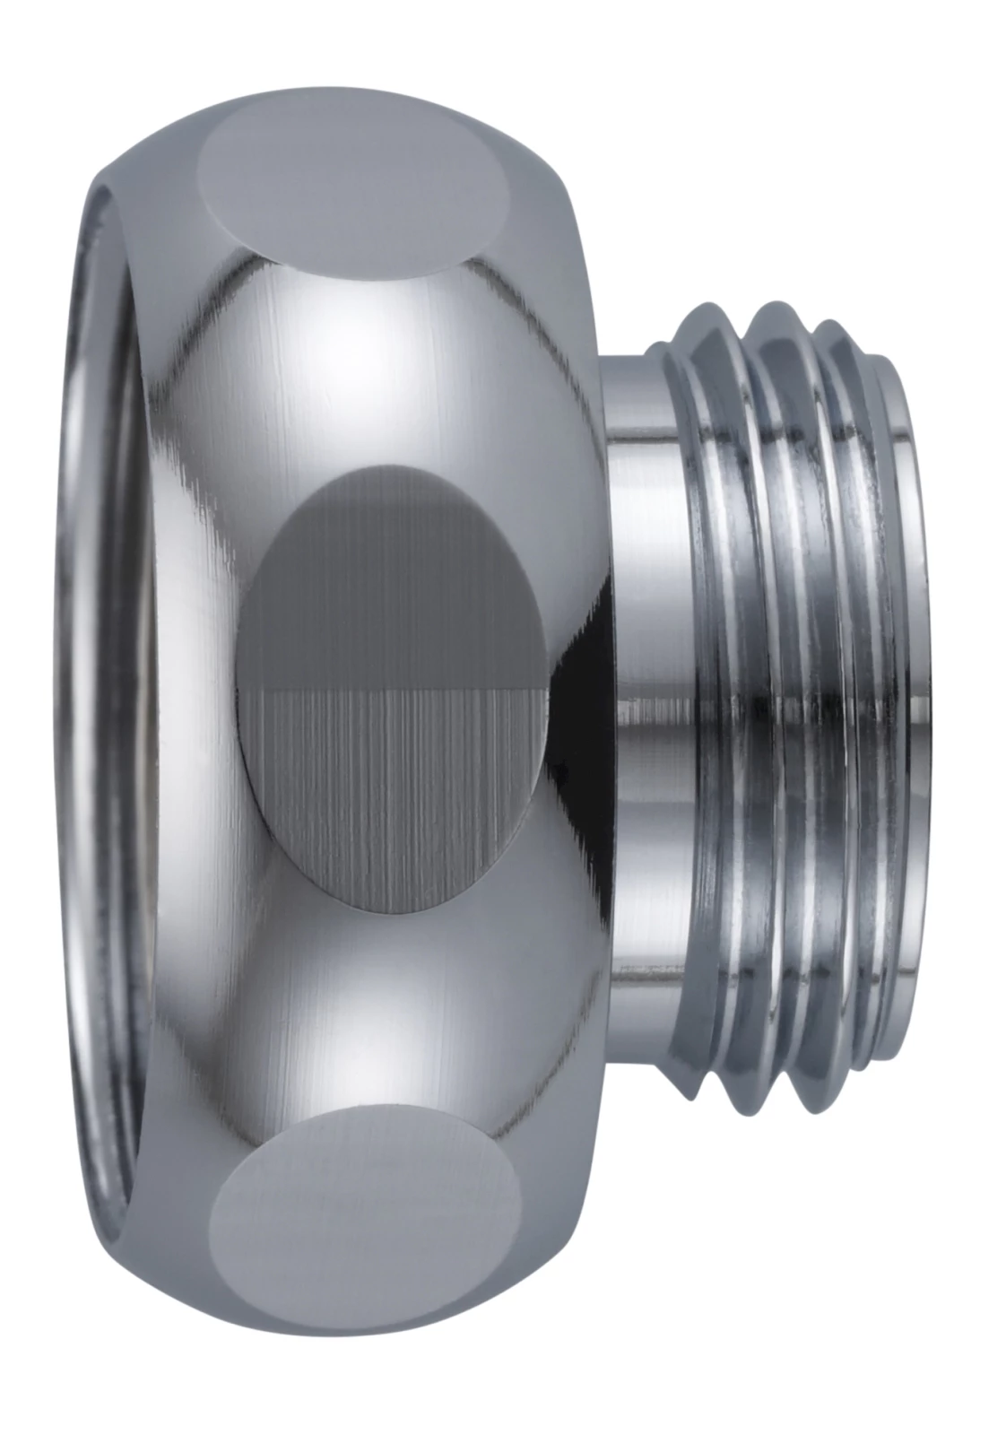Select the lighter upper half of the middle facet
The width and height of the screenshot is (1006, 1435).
pyautogui.click(x=395, y=583)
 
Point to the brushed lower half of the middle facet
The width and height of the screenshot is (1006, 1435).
pyautogui.click(x=395, y=789)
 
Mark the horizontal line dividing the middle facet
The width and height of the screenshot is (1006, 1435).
pyautogui.click(x=395, y=689)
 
